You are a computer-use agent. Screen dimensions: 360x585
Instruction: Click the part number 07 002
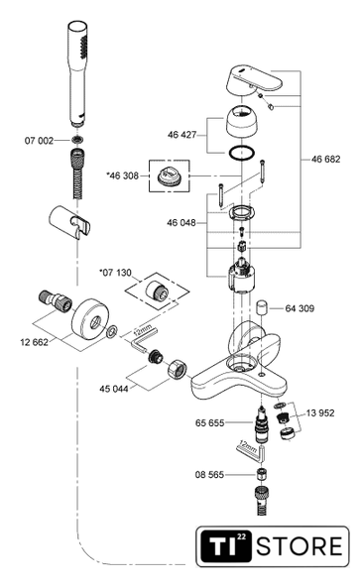coord(39,140)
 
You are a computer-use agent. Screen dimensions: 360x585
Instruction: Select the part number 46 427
coord(181,135)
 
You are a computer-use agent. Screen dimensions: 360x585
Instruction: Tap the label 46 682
coord(325,159)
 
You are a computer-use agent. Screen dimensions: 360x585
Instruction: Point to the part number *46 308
coord(122,175)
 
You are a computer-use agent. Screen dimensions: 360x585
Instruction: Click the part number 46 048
coord(181,223)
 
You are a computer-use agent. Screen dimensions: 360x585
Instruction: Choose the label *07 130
coord(115,273)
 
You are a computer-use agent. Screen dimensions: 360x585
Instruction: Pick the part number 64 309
coord(300,308)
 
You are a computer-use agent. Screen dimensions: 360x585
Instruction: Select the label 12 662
coord(35,342)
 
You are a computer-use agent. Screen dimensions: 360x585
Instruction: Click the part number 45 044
coord(114,389)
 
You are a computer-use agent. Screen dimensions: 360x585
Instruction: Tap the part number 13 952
coord(320,413)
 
